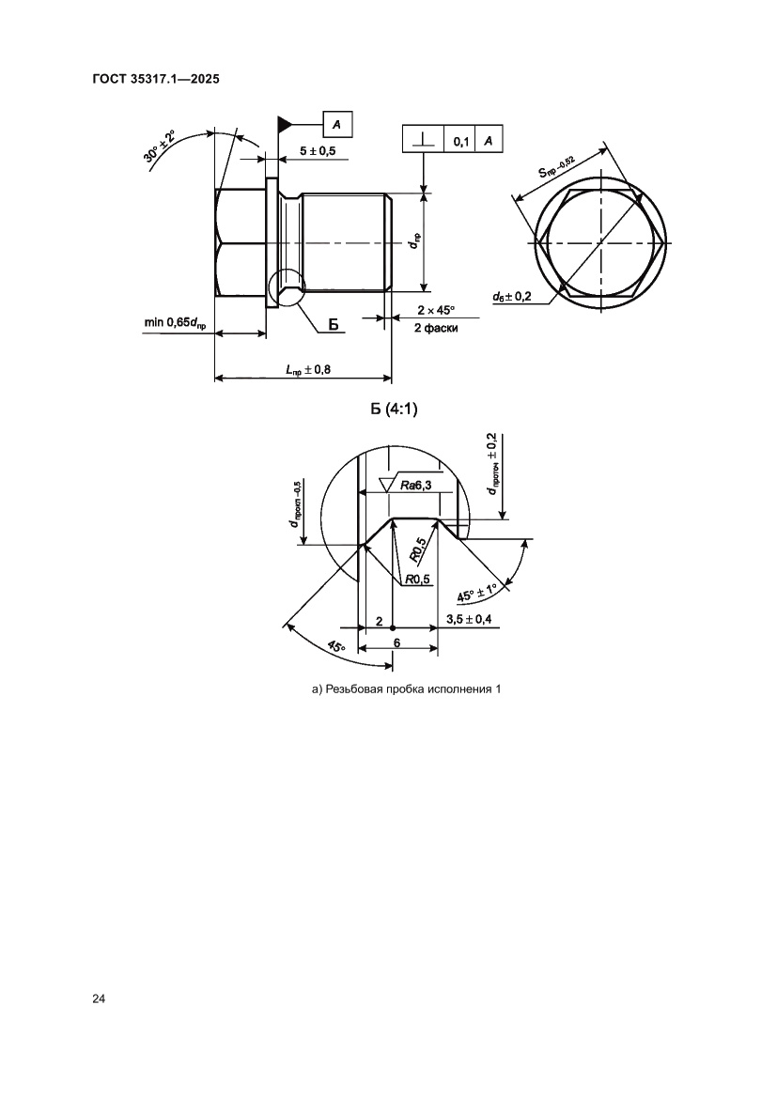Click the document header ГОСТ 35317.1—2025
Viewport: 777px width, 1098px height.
tap(156, 79)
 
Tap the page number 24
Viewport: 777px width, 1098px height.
tap(98, 999)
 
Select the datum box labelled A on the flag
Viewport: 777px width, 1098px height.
tap(337, 125)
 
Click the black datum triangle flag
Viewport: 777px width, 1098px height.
tap(284, 124)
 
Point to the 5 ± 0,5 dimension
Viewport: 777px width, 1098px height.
tap(318, 150)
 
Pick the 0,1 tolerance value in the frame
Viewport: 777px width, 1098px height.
tap(461, 141)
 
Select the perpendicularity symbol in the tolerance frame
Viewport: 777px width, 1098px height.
tap(423, 139)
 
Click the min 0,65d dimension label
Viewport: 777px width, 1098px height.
tap(175, 323)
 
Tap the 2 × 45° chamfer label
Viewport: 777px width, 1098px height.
tap(436, 310)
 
